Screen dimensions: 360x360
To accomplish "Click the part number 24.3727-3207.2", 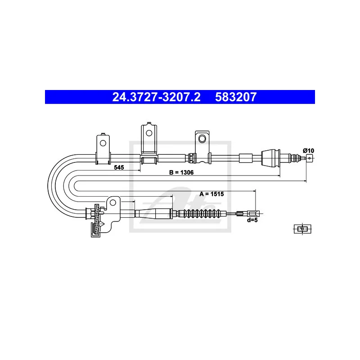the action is [156, 97].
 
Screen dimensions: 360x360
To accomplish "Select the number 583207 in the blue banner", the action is [236, 97].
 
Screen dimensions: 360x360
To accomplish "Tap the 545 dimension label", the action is [119, 167].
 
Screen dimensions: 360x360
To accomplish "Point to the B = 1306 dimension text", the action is [181, 172].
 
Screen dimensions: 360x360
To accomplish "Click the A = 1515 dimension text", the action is [211, 194].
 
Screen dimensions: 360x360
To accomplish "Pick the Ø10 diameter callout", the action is [308, 151].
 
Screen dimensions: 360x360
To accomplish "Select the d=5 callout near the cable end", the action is [252, 220].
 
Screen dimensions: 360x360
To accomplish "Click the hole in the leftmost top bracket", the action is [103, 143].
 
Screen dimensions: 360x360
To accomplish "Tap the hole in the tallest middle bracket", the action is [149, 133].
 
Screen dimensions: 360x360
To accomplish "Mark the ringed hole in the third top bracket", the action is [202, 139].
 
